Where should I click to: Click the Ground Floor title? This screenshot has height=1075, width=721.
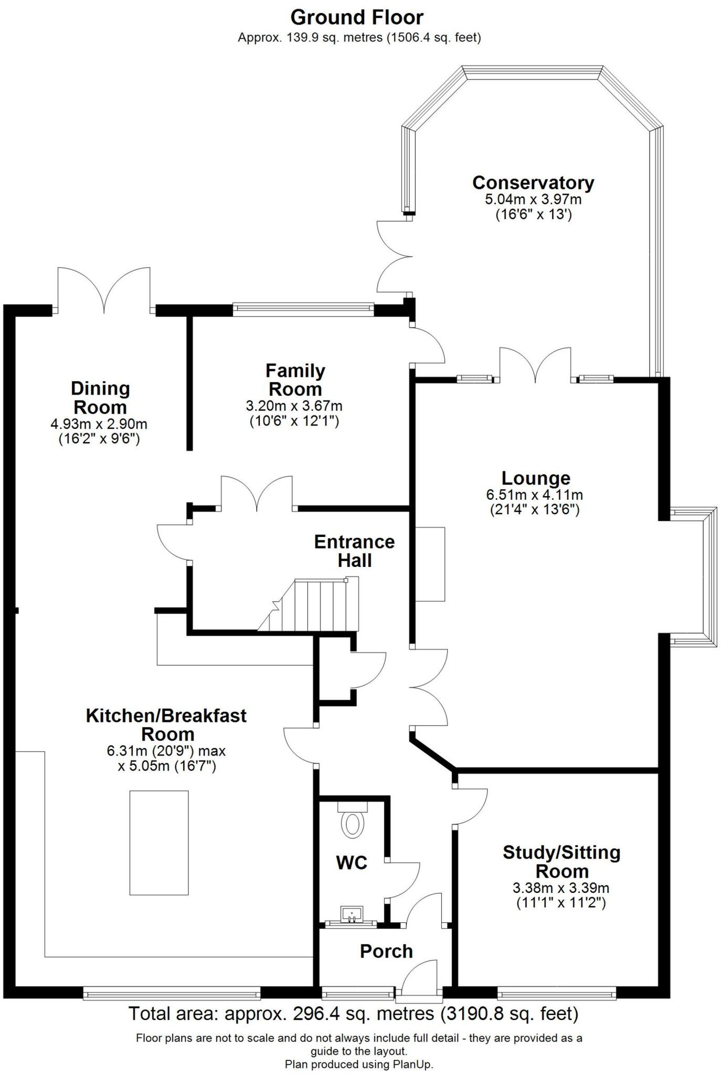tap(357, 18)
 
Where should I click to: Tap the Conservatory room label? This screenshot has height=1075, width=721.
tap(533, 183)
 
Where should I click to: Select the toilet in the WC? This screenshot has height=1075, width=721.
tap(352, 824)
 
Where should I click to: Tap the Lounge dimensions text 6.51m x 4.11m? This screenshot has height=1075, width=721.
tap(534, 495)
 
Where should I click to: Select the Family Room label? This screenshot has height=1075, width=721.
tap(295, 380)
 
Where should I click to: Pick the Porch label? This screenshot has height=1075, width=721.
tap(386, 951)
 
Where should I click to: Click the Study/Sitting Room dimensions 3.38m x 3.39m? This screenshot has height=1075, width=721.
tap(560, 889)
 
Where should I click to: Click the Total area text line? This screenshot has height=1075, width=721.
tap(353, 1014)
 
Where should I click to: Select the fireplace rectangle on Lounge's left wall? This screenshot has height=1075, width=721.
tap(430, 564)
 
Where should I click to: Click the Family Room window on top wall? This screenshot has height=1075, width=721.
tap(303, 310)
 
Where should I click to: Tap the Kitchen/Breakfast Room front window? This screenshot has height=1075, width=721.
tap(172, 993)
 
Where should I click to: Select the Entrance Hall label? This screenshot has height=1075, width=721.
tap(354, 551)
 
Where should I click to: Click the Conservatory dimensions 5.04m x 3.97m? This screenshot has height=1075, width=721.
tap(533, 200)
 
